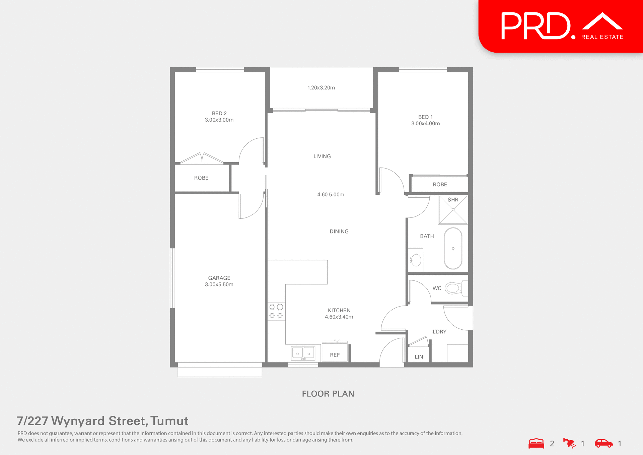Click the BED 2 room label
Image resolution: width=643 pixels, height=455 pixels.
point(219,113)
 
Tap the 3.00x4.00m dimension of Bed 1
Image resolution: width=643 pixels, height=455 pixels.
point(425,123)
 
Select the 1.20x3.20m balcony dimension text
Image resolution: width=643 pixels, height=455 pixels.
point(321,87)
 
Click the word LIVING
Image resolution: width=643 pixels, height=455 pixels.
point(322,156)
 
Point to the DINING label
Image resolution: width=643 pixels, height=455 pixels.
point(339,231)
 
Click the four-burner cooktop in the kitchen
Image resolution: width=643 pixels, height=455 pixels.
point(276,311)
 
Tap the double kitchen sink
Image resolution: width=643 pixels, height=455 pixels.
point(303,353)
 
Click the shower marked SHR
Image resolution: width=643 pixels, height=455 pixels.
point(453,210)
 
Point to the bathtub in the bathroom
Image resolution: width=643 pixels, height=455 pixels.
point(453,248)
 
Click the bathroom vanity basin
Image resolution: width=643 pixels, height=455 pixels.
point(416,260)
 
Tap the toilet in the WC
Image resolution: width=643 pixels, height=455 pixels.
point(453,288)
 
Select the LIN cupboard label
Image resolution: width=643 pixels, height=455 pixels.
point(419,357)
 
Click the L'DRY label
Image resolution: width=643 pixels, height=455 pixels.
point(439,331)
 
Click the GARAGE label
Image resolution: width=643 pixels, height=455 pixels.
point(219,278)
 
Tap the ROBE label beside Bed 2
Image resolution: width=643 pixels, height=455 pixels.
point(201,178)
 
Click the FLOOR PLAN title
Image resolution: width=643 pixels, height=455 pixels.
point(328,393)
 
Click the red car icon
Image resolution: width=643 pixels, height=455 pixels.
point(603,443)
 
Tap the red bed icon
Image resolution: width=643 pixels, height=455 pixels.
point(536,443)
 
